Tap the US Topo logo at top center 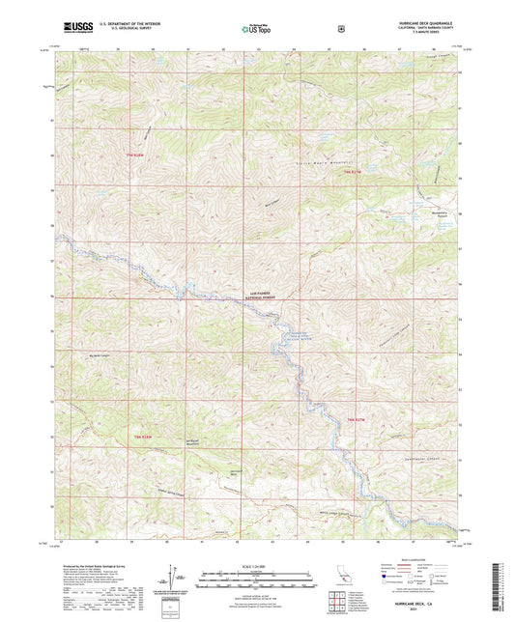(x=254, y=29)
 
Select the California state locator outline (x=342, y=576)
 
